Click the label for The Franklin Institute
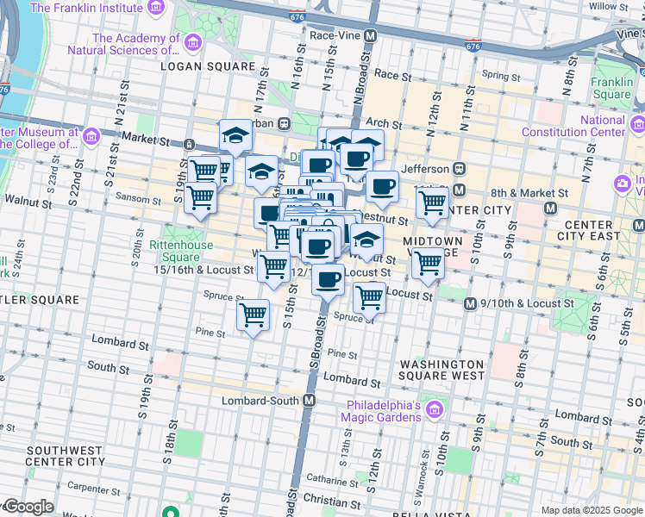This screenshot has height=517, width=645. tap(87, 9)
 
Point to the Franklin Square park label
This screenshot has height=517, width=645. tap(612, 89)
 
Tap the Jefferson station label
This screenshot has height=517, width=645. tap(424, 169)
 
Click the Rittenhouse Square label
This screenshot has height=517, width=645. tap(175, 251)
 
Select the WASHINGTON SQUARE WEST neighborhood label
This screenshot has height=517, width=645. tap(441, 370)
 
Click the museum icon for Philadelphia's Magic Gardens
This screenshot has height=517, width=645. tap(435, 408)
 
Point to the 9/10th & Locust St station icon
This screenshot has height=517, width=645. tap(470, 303)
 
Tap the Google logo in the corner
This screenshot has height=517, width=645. tap(28, 507)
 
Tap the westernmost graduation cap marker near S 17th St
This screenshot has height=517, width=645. tap(235, 135)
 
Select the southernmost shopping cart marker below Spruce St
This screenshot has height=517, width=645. tap(253, 315)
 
